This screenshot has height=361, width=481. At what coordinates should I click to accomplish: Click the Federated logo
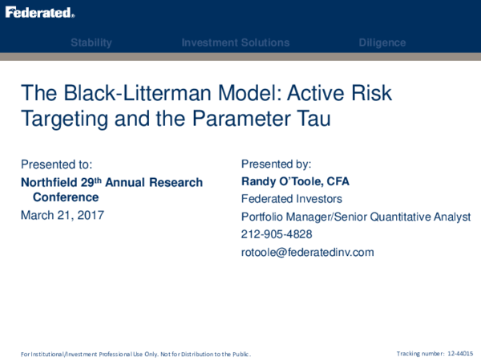(40, 13)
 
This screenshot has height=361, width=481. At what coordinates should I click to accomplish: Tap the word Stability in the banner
(91, 43)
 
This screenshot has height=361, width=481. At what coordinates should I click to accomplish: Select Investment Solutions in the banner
(236, 43)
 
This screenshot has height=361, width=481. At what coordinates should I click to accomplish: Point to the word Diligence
(382, 43)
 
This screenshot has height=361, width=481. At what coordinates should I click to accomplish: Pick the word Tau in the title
(309, 119)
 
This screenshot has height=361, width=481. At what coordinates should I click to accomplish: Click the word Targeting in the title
(63, 119)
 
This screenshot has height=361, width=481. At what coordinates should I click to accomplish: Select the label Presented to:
(57, 164)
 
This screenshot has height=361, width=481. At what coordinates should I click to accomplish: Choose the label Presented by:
(277, 164)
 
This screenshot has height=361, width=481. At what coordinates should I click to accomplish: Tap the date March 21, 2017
(63, 215)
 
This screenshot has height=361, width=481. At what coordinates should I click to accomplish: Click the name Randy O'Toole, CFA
(295, 181)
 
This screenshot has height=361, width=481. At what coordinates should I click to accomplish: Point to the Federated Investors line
(291, 199)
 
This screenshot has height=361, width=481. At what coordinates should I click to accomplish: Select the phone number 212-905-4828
(277, 234)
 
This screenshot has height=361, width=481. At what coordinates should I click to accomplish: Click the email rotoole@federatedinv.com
(307, 252)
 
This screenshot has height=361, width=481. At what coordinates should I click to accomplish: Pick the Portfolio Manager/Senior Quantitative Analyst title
(356, 217)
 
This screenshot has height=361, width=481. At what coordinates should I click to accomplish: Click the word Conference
(66, 197)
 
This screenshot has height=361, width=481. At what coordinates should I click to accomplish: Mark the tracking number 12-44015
(460, 353)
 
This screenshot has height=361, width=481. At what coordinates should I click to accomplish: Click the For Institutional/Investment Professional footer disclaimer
(135, 354)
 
